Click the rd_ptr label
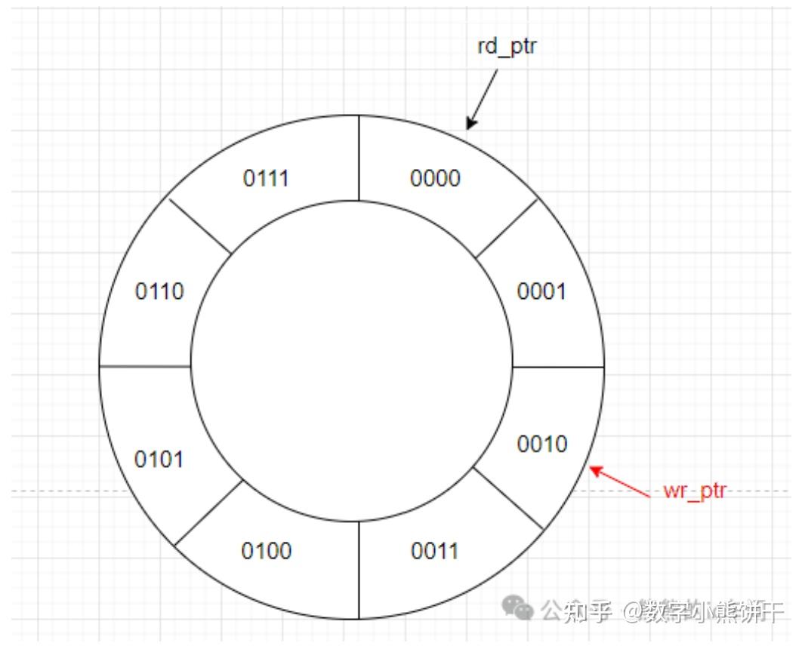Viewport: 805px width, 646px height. point(507,48)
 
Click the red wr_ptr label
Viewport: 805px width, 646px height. point(694,491)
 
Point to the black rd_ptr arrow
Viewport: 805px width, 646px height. point(483,99)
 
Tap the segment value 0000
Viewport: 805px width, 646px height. point(435,178)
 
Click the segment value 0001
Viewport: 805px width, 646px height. point(541,291)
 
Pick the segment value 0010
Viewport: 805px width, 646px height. point(541,444)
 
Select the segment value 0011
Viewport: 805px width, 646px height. point(434,551)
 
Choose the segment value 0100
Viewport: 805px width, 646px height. point(266,551)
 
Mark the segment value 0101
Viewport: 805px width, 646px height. point(159,459)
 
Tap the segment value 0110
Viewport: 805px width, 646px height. point(159,291)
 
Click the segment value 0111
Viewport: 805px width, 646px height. point(266,179)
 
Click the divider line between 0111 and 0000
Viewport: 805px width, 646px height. point(359,158)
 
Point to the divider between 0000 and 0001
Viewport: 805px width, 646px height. point(507,228)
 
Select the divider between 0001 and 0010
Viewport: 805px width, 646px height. point(558,368)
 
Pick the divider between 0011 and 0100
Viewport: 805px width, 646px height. point(359,570)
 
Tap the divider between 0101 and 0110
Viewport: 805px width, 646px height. point(144,367)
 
